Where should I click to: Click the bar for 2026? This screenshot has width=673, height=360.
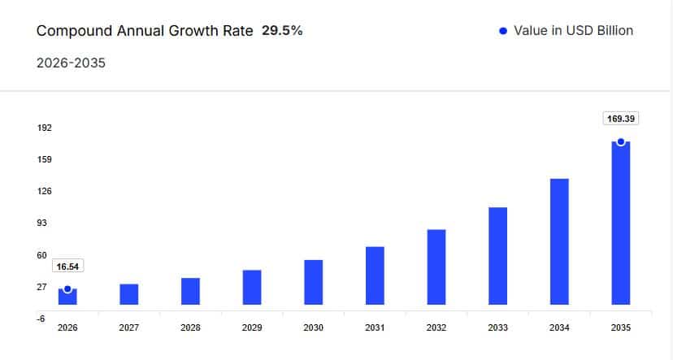click(x=67, y=297)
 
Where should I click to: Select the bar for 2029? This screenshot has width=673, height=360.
click(x=252, y=288)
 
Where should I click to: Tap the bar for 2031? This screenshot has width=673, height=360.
click(x=375, y=275)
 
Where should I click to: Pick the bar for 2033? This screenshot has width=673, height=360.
click(x=498, y=256)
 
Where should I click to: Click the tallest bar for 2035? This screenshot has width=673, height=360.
click(x=621, y=228)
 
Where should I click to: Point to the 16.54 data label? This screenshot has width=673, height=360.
click(x=67, y=267)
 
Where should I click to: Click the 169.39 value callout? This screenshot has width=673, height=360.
click(x=621, y=119)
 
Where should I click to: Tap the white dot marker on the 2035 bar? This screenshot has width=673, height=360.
click(x=621, y=141)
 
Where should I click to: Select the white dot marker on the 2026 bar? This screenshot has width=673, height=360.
click(x=67, y=288)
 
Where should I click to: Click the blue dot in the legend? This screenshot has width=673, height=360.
click(x=502, y=31)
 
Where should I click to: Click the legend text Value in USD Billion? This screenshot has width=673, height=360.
click(x=573, y=31)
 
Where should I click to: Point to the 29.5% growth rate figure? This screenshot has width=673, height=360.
click(x=282, y=31)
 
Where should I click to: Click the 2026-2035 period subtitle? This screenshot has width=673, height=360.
click(x=72, y=63)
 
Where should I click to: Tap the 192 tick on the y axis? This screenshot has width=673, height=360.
click(x=44, y=128)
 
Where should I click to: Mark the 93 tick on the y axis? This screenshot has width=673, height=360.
click(x=41, y=223)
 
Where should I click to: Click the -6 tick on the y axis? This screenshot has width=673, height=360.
click(x=41, y=319)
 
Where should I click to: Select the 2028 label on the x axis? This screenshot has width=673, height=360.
click(x=190, y=327)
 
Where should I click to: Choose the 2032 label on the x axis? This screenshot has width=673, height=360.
click(x=436, y=327)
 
